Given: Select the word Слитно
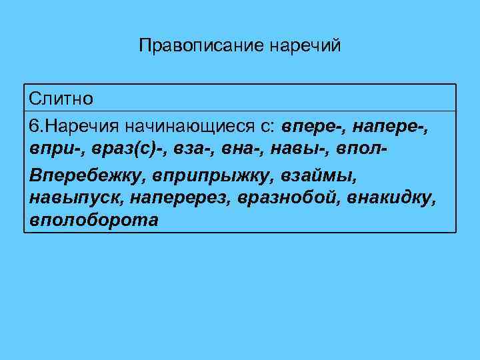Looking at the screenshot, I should [x=61, y=98].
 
